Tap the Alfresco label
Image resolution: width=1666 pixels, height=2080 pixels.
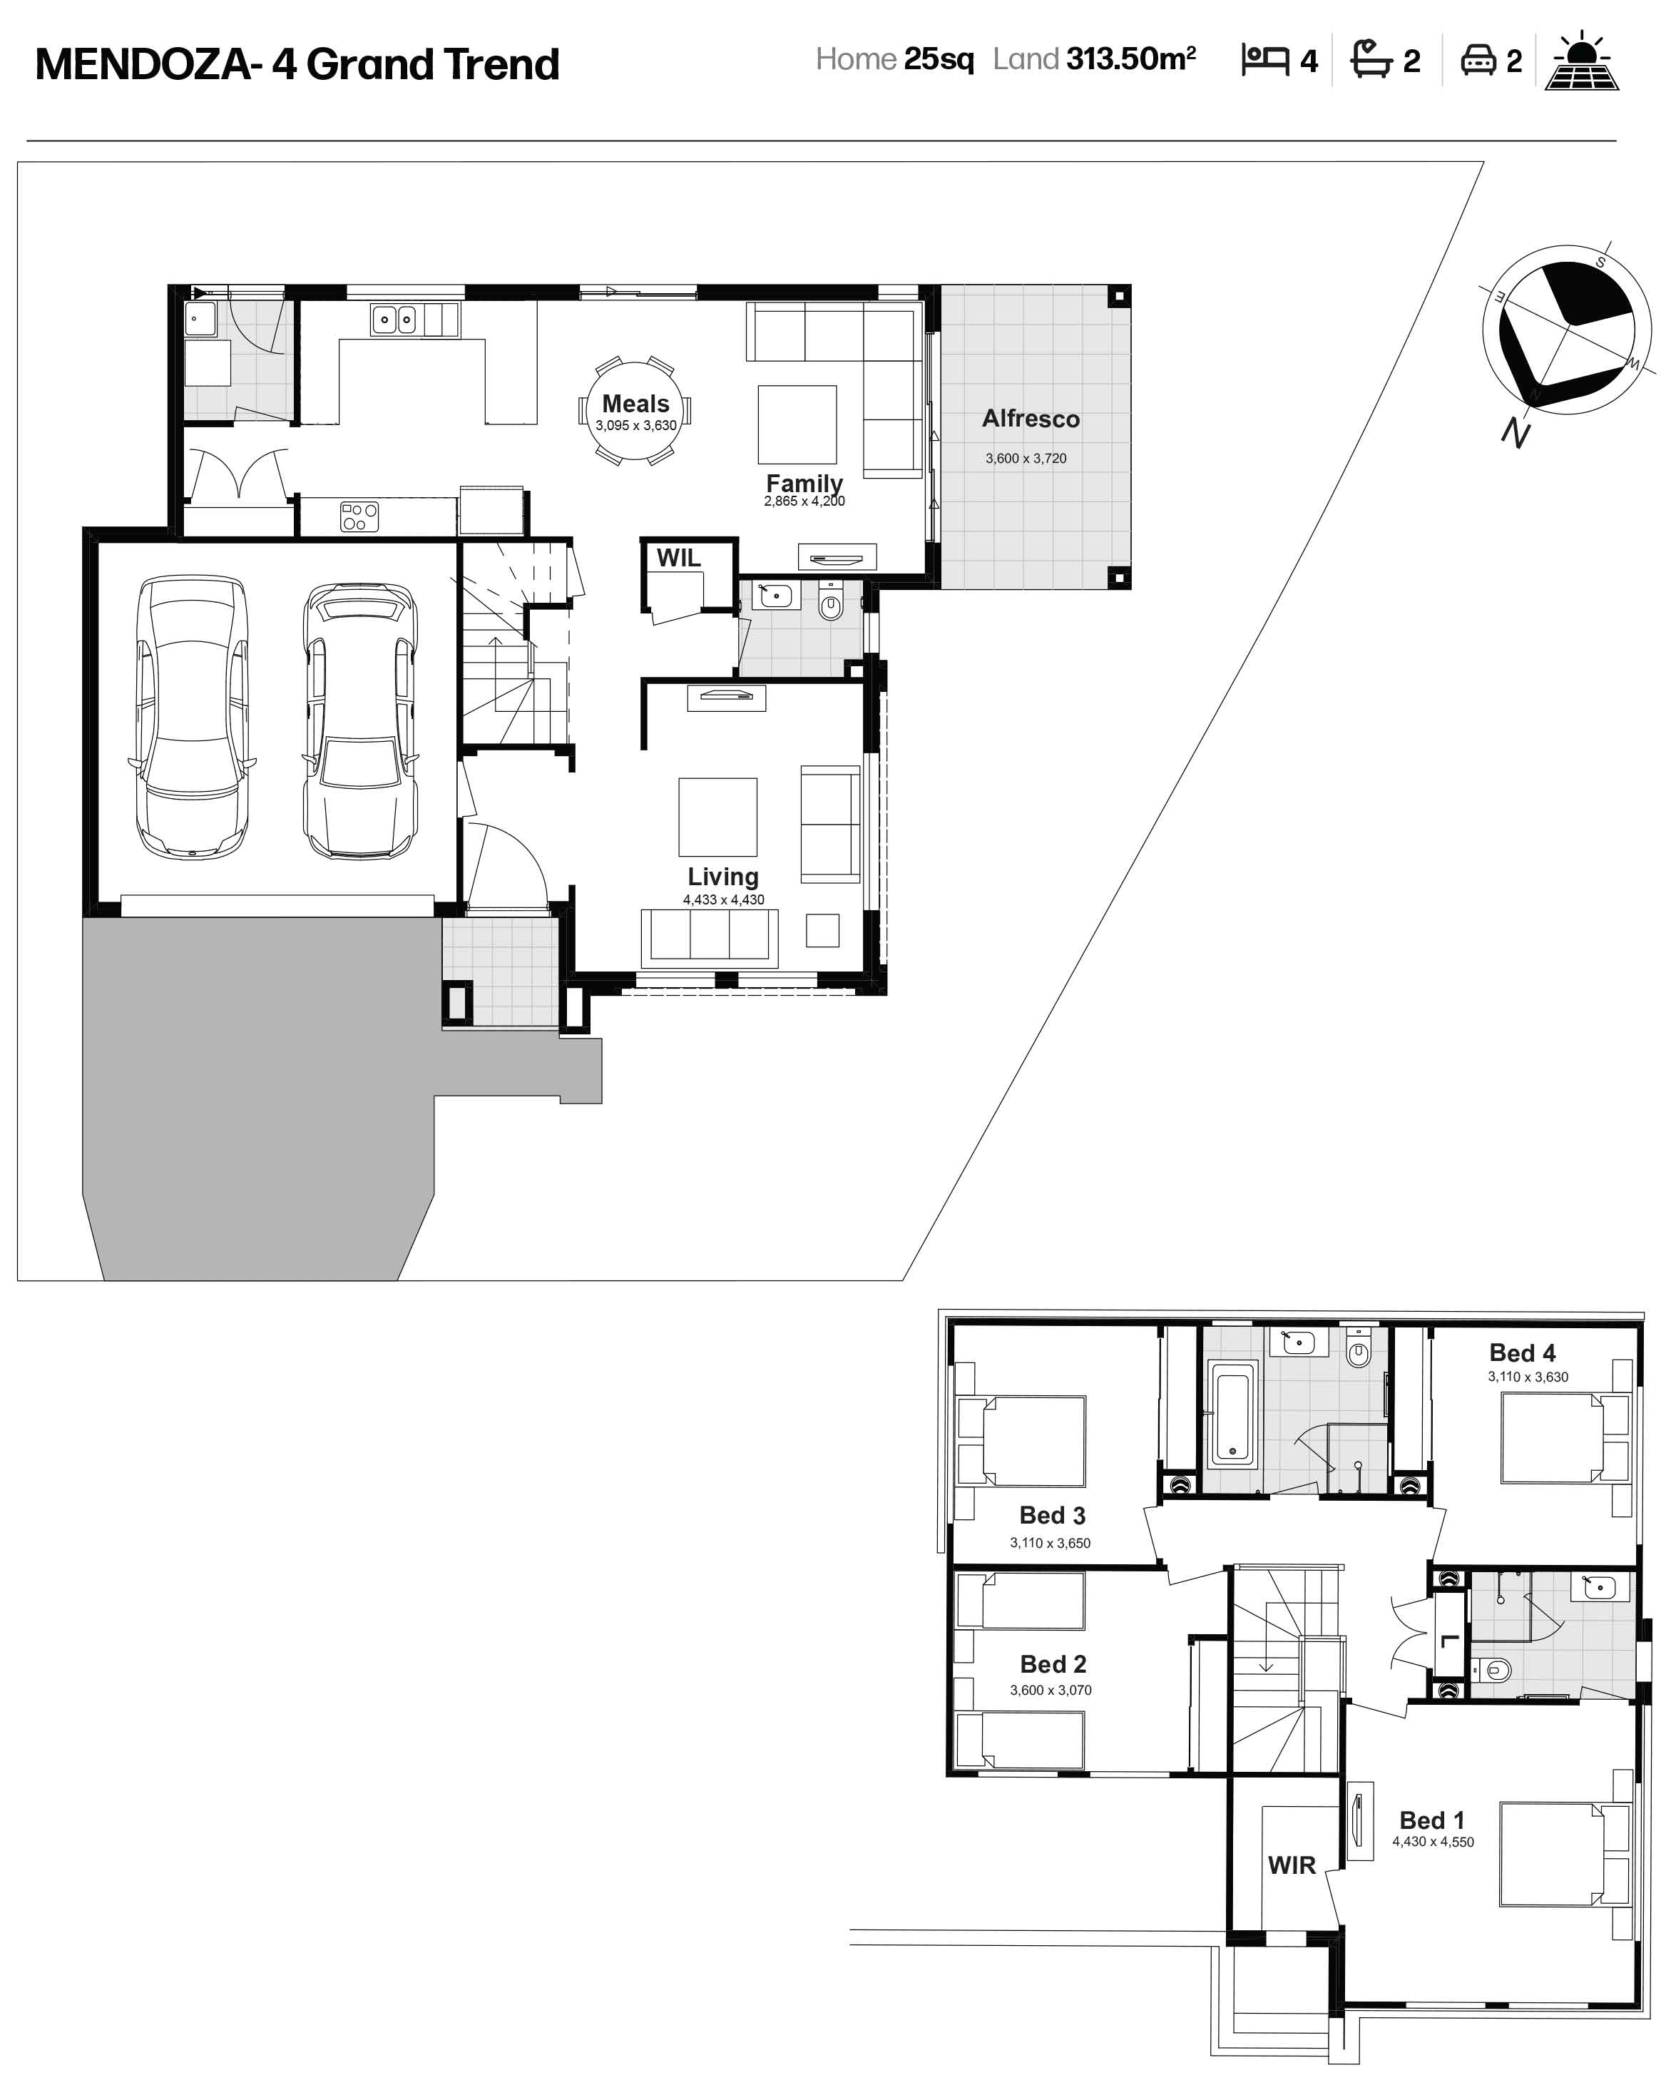click(1031, 419)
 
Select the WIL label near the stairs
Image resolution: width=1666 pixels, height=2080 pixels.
click(678, 558)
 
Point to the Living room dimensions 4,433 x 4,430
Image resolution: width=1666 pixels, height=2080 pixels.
click(723, 899)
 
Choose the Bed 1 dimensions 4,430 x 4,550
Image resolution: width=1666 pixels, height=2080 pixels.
click(1433, 1842)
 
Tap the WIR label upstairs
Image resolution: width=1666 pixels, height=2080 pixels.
click(1292, 1865)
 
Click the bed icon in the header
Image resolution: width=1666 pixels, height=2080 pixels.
click(1264, 60)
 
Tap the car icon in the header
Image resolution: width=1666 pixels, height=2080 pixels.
click(1478, 60)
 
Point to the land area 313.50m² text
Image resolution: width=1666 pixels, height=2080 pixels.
click(1130, 59)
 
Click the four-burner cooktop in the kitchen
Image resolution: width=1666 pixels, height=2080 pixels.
click(359, 516)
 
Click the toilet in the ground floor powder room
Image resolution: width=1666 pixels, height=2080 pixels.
click(831, 602)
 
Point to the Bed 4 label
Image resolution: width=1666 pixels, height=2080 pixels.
click(1522, 1352)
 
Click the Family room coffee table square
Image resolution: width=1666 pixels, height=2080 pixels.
click(797, 424)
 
